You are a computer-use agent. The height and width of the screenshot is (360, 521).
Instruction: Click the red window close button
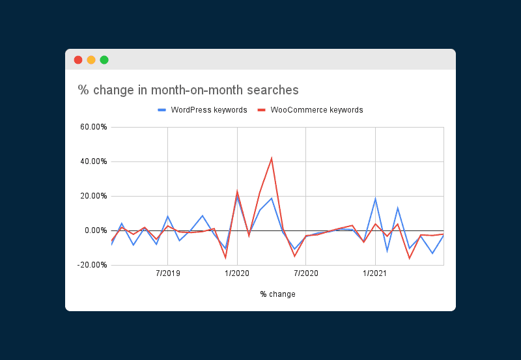[x=78, y=60]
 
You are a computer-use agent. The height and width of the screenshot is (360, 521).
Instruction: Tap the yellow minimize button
[x=91, y=60]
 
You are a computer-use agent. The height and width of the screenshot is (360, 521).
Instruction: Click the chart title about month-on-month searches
[x=188, y=90]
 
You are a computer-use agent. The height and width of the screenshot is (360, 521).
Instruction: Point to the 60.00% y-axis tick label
[x=93, y=127]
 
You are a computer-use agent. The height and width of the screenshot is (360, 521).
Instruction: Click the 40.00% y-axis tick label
[x=93, y=161]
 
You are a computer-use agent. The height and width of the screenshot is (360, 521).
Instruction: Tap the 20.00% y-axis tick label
[x=93, y=196]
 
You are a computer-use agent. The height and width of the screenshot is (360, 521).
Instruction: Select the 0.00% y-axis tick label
[x=95, y=230]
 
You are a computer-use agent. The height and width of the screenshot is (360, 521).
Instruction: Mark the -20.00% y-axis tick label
[x=92, y=265]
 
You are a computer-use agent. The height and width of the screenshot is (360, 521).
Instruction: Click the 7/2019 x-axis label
[x=168, y=273]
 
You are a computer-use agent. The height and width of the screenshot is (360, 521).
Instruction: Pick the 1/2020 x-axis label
[x=237, y=273]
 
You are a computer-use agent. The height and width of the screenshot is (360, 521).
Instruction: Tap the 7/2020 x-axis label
[x=306, y=273]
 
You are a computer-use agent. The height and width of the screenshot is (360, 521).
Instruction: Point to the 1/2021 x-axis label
[x=375, y=273]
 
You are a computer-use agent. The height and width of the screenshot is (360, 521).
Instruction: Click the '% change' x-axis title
[x=277, y=294]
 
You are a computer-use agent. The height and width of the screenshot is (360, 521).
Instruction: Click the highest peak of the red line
[x=272, y=158]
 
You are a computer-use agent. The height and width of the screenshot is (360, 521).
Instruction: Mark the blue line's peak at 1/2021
[x=375, y=199]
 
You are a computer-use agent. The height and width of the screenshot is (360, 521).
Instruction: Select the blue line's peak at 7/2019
[x=168, y=216]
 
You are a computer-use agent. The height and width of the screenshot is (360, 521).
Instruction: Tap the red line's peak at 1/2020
[x=237, y=191]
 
